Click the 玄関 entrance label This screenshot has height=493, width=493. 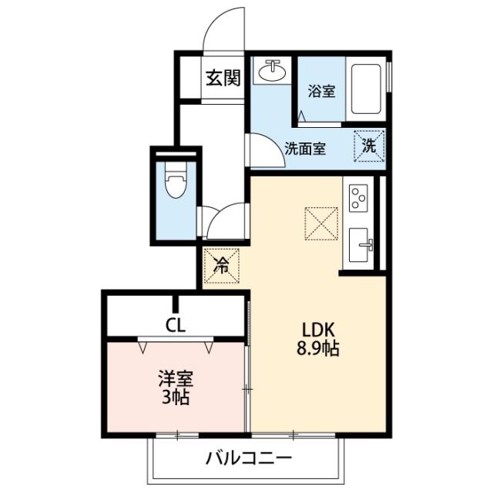(223, 78)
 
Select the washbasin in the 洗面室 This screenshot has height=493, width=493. (270, 72)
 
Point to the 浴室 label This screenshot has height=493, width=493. (321, 91)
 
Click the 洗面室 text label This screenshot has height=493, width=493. (304, 149)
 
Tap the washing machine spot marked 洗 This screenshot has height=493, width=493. (369, 144)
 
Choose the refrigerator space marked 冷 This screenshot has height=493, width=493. (222, 267)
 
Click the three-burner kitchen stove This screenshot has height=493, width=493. (359, 199)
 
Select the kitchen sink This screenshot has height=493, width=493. (361, 246)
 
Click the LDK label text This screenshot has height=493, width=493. (317, 329)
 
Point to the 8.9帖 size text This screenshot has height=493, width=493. (317, 347)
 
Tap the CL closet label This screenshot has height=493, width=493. (176, 324)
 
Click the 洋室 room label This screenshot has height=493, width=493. (176, 379)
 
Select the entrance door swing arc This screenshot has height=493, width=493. (224, 31)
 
